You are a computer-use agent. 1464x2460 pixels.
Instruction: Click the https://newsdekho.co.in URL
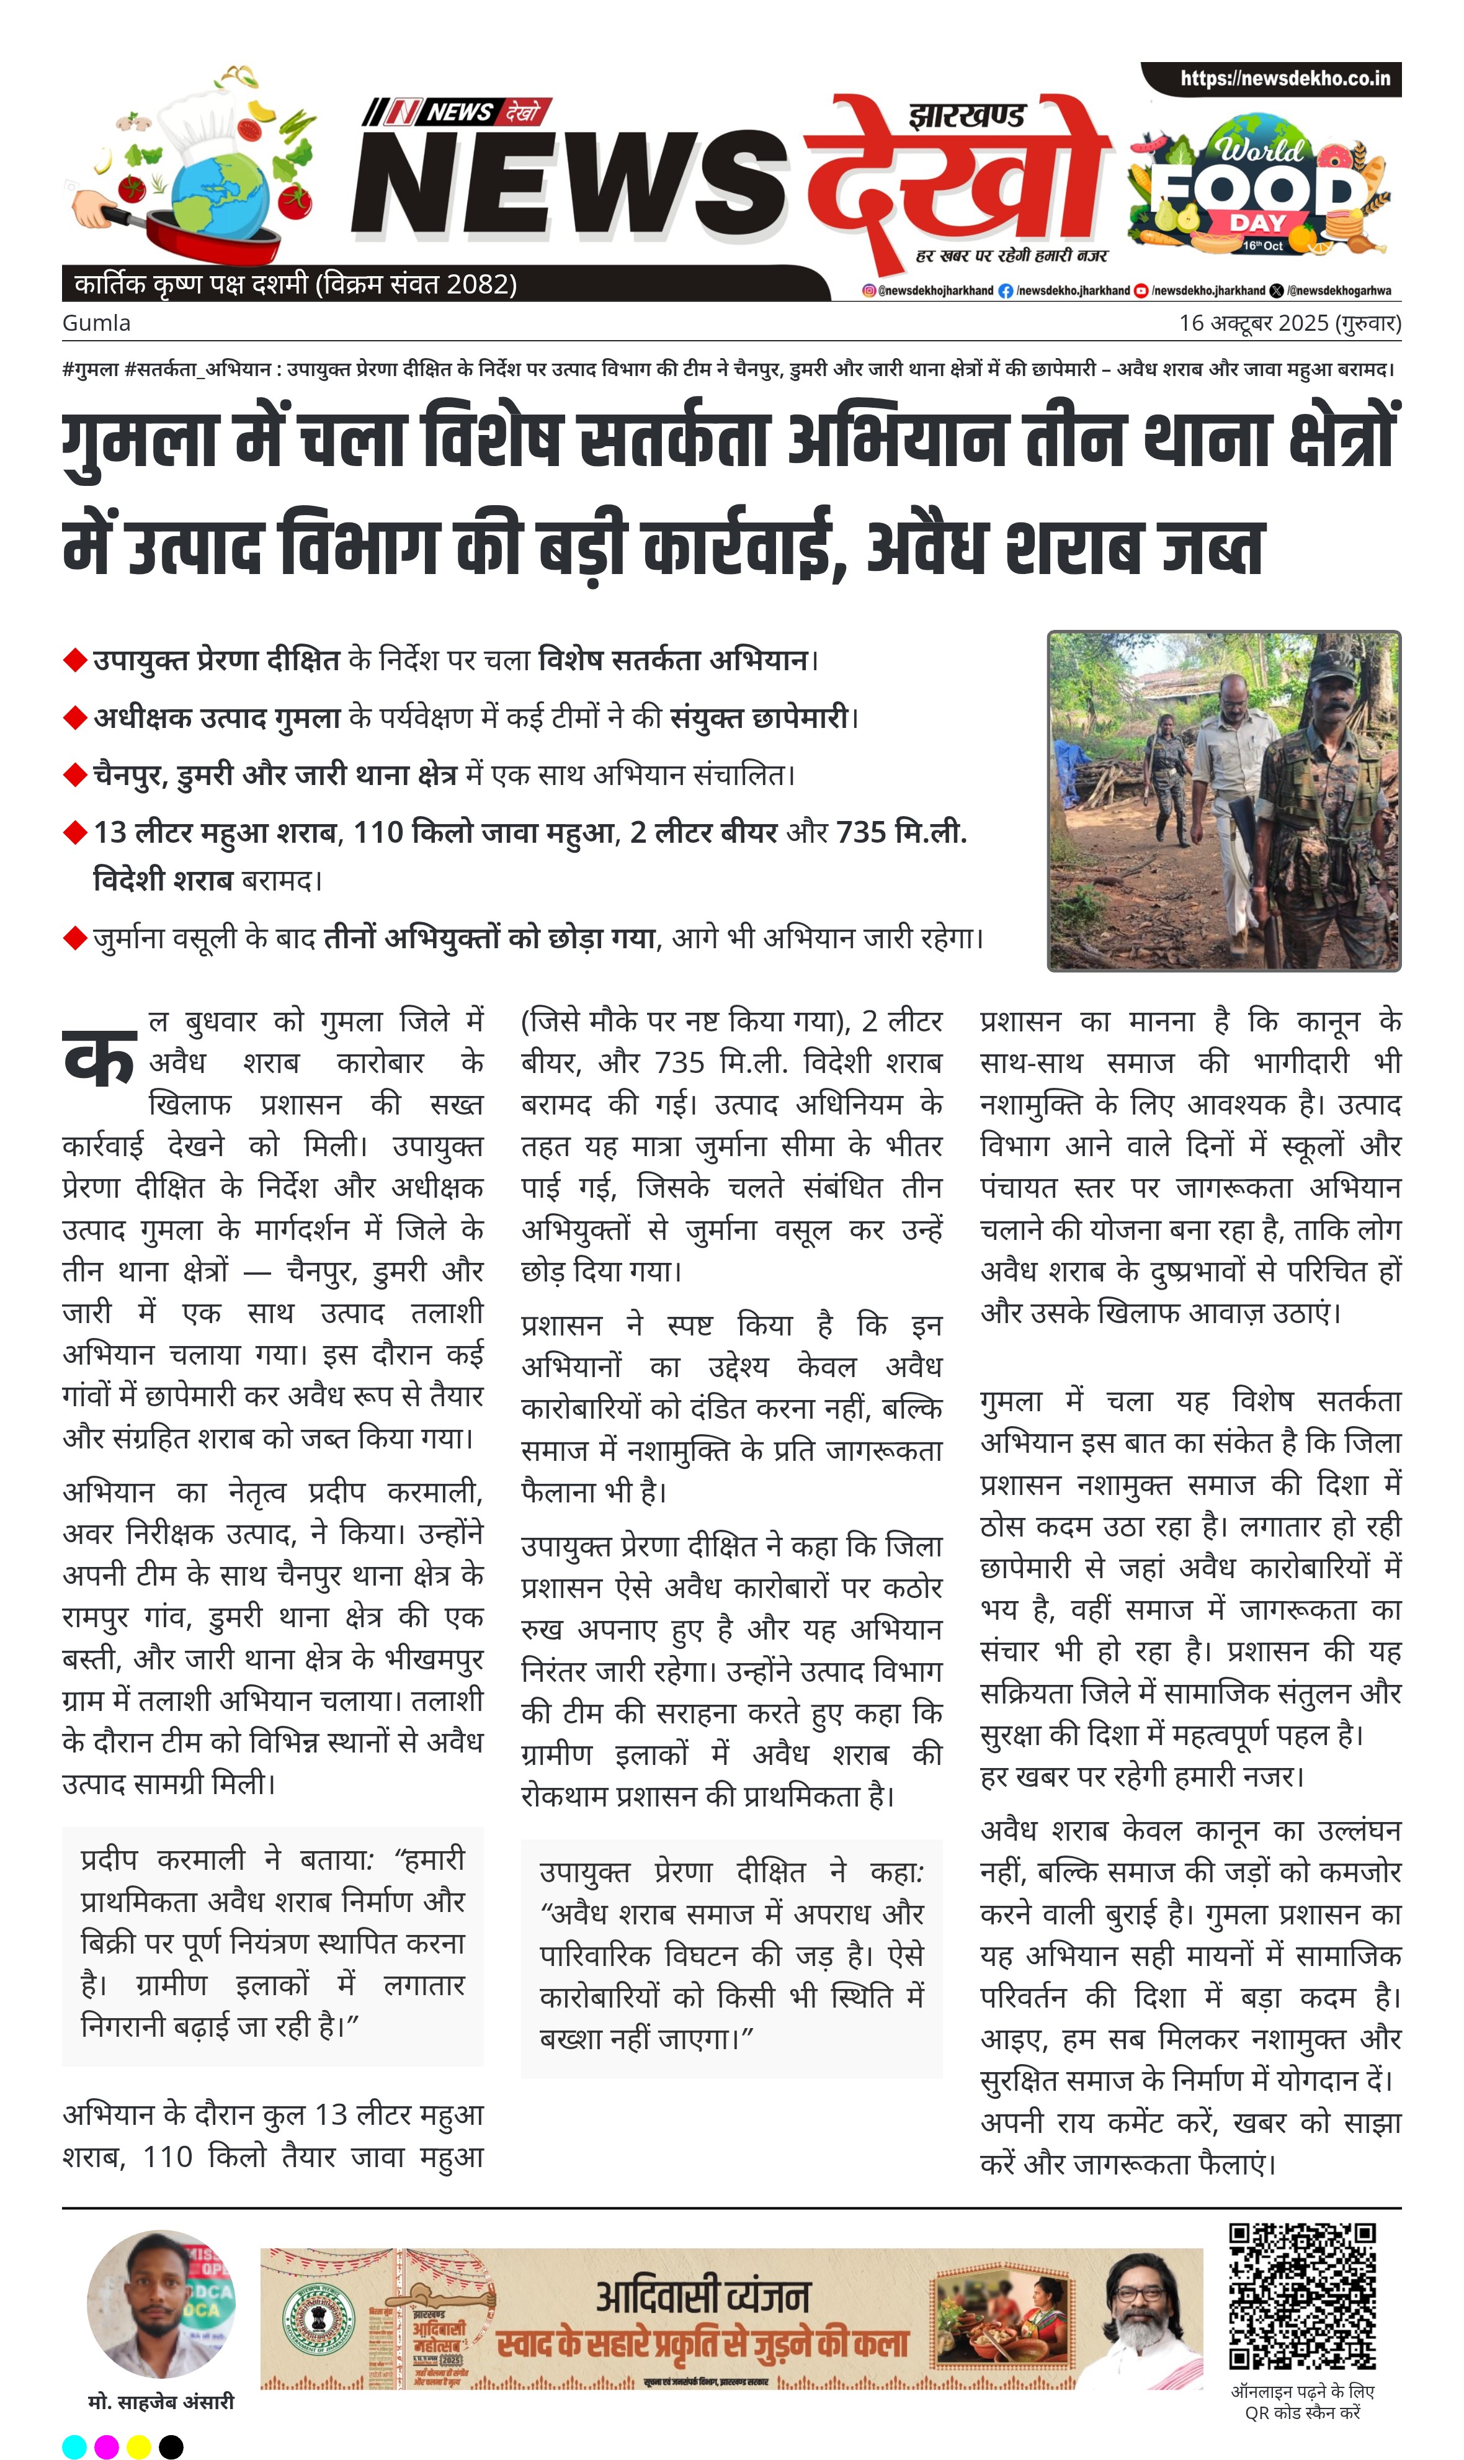pos(1285,78)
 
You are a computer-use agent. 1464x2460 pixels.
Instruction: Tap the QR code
pos(1302,2298)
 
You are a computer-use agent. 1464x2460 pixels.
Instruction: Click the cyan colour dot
pos(74,2446)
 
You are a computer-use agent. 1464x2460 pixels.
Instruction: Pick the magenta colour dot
pos(107,2446)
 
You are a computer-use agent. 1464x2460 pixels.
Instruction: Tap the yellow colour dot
pos(139,2446)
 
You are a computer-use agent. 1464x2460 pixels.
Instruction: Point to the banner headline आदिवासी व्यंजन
pos(702,2297)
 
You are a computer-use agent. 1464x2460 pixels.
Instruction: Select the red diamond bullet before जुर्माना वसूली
pos(75,938)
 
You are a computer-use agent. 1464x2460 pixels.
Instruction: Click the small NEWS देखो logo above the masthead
pos(457,112)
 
